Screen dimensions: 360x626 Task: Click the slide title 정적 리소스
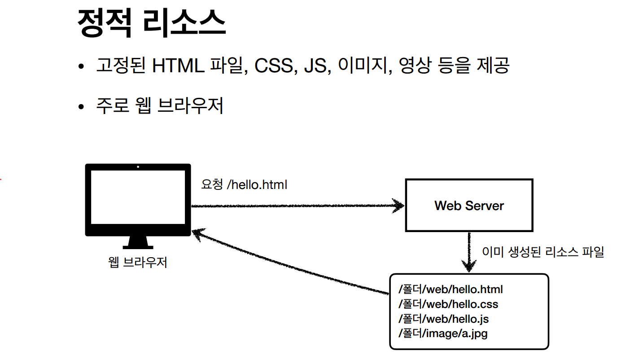pyautogui.click(x=151, y=23)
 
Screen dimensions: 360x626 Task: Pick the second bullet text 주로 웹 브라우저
pyautogui.click(x=160, y=106)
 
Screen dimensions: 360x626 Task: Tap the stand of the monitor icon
pyautogui.click(x=138, y=242)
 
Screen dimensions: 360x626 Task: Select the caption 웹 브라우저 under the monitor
pyautogui.click(x=138, y=262)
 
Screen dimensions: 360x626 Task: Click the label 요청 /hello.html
pyautogui.click(x=244, y=184)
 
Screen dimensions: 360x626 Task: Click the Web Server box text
pyautogui.click(x=469, y=206)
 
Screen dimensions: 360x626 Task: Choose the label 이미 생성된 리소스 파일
pyautogui.click(x=543, y=252)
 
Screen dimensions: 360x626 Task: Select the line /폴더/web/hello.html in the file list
pyautogui.click(x=451, y=289)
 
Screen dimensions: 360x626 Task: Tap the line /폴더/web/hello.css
pyautogui.click(x=448, y=304)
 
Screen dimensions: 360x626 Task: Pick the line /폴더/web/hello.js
pyautogui.click(x=443, y=319)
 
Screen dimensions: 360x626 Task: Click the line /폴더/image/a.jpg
pyautogui.click(x=443, y=334)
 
